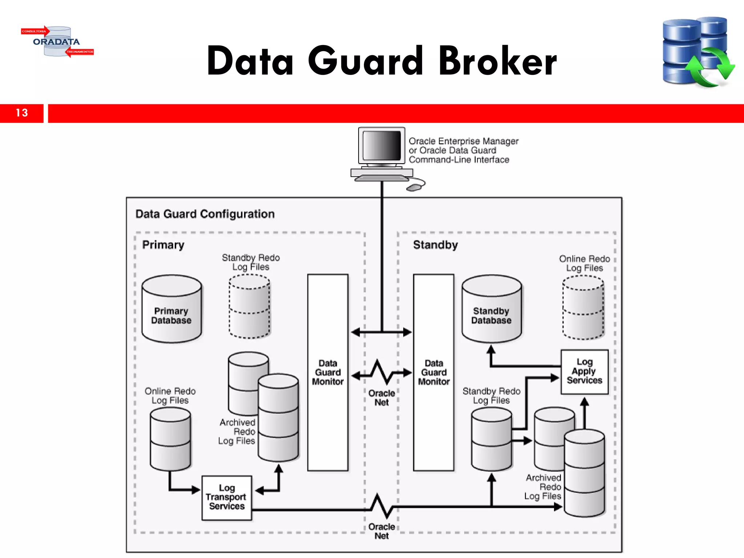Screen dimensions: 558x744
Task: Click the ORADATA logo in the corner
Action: click(x=57, y=41)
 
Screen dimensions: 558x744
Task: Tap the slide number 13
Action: click(x=22, y=113)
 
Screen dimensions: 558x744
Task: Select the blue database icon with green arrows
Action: click(x=697, y=52)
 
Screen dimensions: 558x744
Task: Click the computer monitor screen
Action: click(x=381, y=145)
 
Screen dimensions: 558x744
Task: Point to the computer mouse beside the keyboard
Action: click(x=414, y=187)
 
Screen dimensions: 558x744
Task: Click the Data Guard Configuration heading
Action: click(x=205, y=214)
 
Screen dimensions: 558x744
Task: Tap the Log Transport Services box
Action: click(x=227, y=497)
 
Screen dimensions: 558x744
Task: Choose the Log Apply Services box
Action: click(x=584, y=371)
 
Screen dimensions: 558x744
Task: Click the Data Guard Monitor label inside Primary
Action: click(x=328, y=372)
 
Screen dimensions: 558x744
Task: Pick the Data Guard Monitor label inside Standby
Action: click(x=434, y=372)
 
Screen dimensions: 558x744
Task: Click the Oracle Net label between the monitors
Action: click(x=381, y=398)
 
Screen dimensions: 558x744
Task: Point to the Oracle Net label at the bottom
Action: click(x=381, y=531)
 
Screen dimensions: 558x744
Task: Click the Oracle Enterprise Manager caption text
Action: click(x=463, y=150)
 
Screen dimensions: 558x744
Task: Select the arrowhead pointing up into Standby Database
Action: click(x=491, y=349)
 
